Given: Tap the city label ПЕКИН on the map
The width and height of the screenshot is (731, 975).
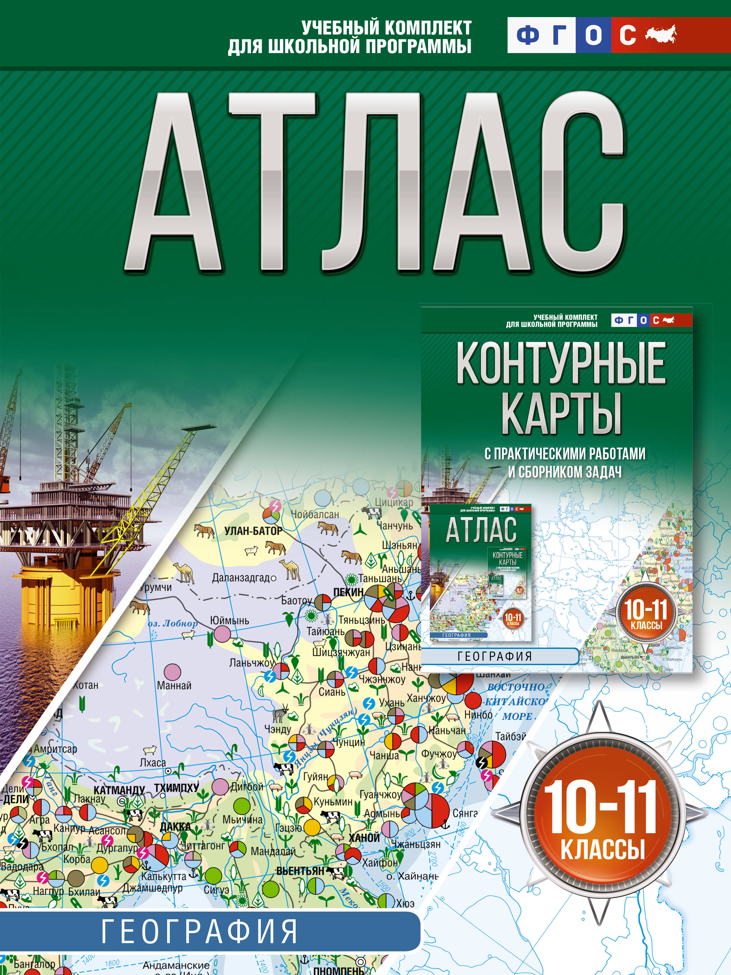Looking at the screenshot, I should (x=348, y=592).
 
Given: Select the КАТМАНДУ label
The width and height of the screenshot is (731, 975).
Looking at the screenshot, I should (x=119, y=790).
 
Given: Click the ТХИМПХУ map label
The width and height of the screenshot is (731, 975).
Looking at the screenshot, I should (x=176, y=788).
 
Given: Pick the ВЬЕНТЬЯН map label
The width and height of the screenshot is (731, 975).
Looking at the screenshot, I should (x=300, y=871).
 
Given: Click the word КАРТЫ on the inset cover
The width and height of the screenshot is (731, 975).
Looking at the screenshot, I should (x=561, y=414).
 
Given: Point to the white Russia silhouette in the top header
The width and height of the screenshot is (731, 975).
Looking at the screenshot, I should (x=661, y=34).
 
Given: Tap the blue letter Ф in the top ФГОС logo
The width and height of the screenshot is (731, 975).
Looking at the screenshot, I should (x=527, y=35).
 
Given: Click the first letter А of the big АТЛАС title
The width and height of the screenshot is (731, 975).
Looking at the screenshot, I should (x=173, y=185).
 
